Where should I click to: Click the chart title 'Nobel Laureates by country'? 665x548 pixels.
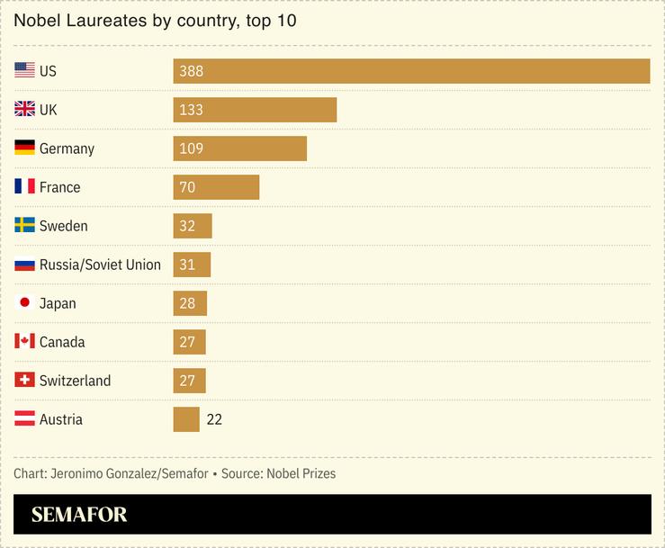pos(156,20)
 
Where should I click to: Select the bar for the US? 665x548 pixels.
pos(411,71)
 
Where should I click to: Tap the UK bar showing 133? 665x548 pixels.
pos(255,110)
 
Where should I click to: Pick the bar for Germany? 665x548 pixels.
pos(239,148)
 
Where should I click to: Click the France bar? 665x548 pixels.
pos(216,187)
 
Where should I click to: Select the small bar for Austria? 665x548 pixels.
pos(186,419)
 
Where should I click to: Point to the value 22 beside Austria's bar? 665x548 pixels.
pos(213,419)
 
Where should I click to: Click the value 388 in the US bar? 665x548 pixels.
pos(191,71)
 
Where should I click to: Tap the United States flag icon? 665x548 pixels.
pos(24,71)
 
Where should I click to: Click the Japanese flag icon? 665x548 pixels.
pos(24,303)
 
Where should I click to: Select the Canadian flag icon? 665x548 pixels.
pos(24,342)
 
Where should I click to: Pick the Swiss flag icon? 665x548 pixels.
pos(24,381)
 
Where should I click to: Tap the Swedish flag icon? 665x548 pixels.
pos(24,226)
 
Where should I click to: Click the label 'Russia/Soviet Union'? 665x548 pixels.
pos(100,265)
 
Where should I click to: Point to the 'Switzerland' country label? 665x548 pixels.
pos(75,381)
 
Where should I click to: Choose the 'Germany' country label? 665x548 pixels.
pos(67,148)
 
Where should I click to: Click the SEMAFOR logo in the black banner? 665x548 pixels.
pos(79,515)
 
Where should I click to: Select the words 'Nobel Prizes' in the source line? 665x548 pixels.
pos(301,473)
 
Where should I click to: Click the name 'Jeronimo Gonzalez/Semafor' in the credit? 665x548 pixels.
pos(129,473)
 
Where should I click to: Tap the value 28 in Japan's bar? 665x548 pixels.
pos(187,303)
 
